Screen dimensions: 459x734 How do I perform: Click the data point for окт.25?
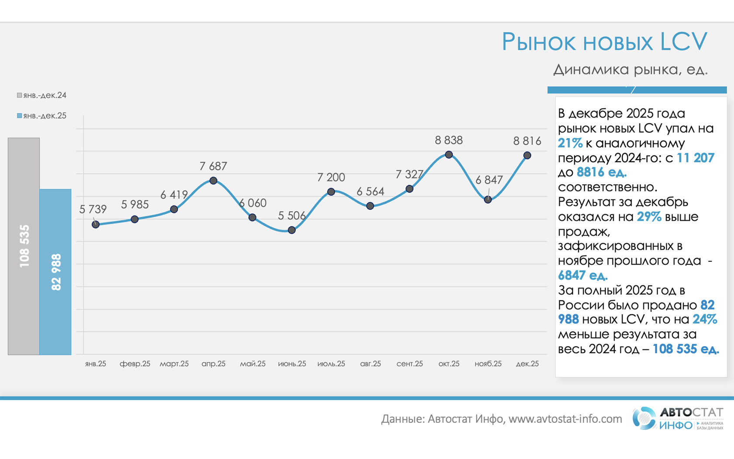(449, 155)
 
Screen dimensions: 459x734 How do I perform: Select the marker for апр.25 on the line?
(213, 181)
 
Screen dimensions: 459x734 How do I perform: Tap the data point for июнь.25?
(292, 230)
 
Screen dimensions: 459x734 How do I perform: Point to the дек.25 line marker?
(527, 155)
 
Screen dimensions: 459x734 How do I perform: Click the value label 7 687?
(213, 167)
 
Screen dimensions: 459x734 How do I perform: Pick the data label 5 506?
(291, 216)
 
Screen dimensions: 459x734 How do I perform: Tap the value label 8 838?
(449, 140)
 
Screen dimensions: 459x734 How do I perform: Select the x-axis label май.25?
(253, 364)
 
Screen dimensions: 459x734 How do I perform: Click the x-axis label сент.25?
(409, 364)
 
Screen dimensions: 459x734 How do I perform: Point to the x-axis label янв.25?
(96, 364)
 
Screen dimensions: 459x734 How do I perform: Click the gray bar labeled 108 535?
(24, 246)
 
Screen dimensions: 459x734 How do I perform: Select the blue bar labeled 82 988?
(55, 271)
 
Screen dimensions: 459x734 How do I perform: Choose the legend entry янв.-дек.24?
(42, 95)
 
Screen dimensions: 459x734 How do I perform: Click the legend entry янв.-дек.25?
(42, 116)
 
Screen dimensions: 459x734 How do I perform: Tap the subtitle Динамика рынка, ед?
(630, 70)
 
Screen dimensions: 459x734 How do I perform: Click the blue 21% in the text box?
(570, 143)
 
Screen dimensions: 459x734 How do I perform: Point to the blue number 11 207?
(695, 158)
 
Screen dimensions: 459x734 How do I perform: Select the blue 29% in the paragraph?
(649, 217)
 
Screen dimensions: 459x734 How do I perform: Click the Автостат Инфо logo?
(678, 418)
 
